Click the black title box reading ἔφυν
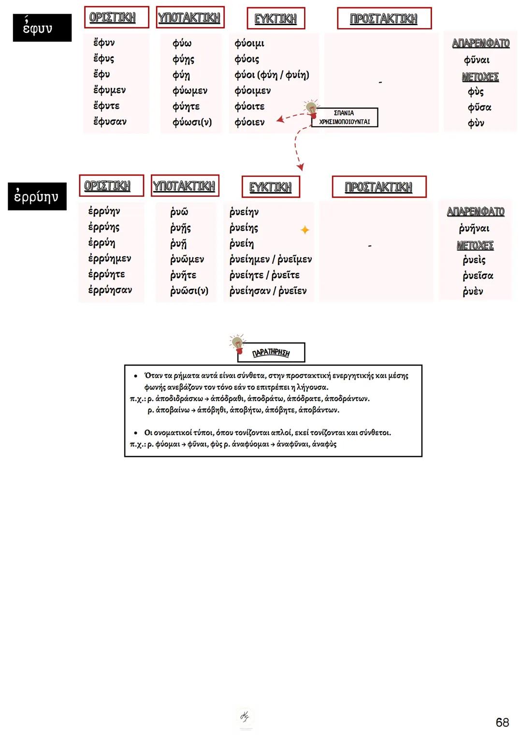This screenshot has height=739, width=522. [42, 28]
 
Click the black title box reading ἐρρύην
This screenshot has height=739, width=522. [37, 196]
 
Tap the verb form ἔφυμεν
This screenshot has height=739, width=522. [109, 90]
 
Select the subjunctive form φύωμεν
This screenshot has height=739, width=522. [189, 90]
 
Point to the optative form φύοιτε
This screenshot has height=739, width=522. [249, 106]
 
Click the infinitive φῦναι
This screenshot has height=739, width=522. [477, 60]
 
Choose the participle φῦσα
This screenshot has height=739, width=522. [479, 107]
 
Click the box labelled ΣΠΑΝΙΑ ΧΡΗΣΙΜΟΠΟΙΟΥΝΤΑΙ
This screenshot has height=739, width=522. [344, 118]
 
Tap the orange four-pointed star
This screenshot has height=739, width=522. [304, 230]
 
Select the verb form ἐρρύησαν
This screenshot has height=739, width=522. [110, 290]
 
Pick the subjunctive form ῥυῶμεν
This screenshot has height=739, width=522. [187, 259]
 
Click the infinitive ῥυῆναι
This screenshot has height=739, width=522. [474, 228]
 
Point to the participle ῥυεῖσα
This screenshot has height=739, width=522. [478, 276]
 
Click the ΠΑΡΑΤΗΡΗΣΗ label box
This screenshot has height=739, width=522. [271, 353]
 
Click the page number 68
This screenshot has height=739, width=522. [502, 722]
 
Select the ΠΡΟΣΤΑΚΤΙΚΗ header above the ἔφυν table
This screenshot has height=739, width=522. [384, 18]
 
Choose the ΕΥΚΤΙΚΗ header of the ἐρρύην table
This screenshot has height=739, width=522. [271, 187]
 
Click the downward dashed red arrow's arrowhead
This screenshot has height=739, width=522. [301, 167]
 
